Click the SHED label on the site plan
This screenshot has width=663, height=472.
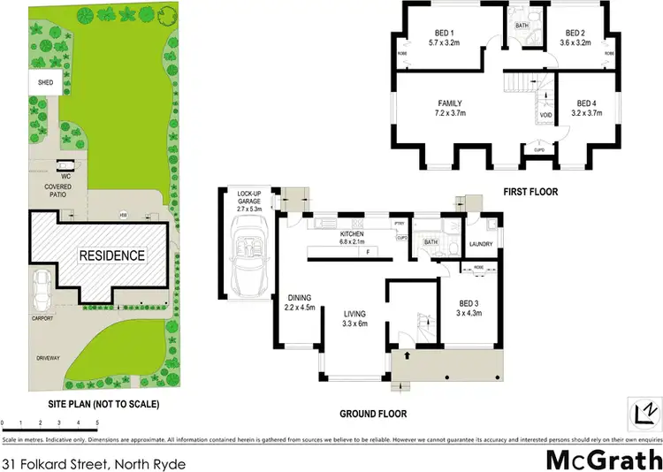click(x=45, y=83)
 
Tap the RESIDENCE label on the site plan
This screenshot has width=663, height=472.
click(x=112, y=255)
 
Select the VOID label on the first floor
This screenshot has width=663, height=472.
click(x=545, y=115)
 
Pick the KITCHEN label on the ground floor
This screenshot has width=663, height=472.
click(x=345, y=235)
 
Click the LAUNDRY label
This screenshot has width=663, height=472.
click(x=481, y=244)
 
